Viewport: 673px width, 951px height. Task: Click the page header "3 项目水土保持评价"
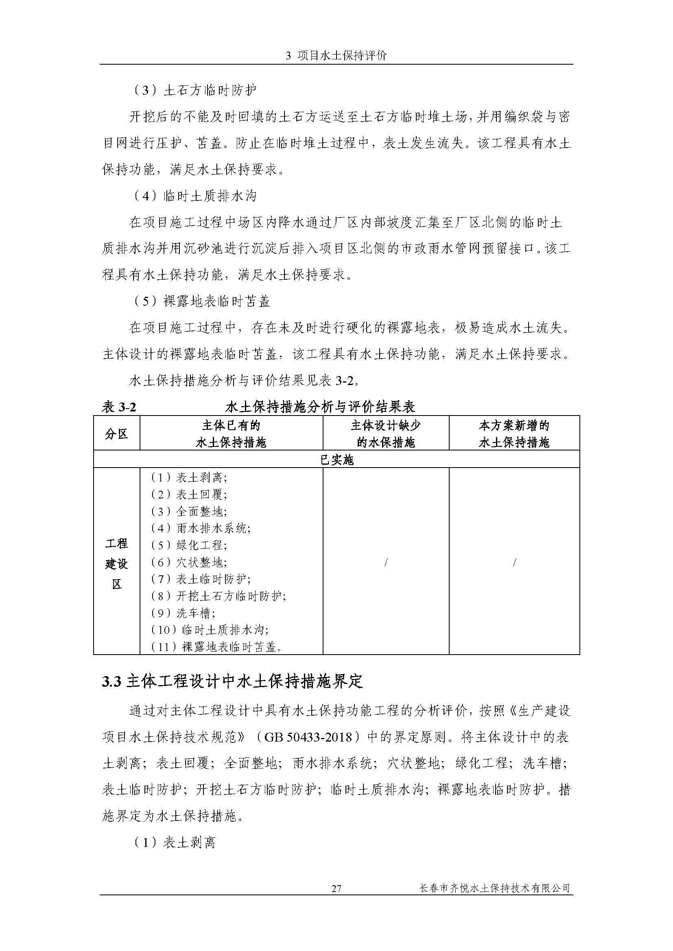(x=336, y=56)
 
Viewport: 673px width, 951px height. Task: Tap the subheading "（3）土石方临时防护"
(x=194, y=90)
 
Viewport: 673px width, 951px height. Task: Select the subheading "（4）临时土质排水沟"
(x=194, y=196)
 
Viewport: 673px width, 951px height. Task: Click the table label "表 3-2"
(x=119, y=407)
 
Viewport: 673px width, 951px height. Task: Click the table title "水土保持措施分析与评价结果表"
(x=320, y=407)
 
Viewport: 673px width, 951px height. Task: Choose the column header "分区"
(x=116, y=434)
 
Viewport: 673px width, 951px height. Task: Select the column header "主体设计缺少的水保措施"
(x=386, y=434)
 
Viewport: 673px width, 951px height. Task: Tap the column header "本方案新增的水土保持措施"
(x=514, y=434)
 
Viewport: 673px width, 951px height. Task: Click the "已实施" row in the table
(x=336, y=460)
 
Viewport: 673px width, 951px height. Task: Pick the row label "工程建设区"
(x=116, y=563)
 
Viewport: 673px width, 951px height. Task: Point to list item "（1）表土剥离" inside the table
(x=188, y=478)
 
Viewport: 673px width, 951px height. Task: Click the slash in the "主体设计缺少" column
(x=386, y=562)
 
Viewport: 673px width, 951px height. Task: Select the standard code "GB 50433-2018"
(x=308, y=737)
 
